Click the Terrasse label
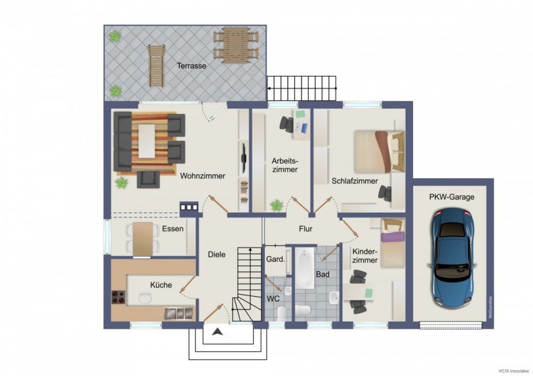191,65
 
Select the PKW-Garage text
451,197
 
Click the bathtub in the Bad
305,268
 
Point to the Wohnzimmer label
203,176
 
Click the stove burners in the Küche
119,297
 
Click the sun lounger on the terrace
155,65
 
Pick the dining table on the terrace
236,45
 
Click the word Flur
305,228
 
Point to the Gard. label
275,260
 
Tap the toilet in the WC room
282,313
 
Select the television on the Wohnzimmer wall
243,157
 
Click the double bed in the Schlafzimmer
379,152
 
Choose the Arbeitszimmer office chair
287,124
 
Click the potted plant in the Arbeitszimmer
277,205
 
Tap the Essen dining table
143,239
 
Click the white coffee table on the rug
146,141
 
